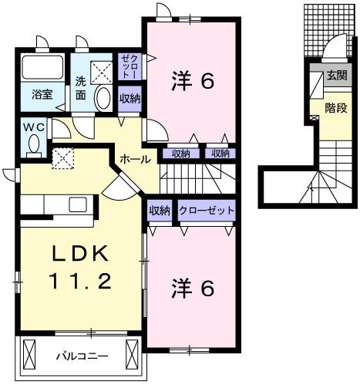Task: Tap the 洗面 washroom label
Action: click(x=82, y=89)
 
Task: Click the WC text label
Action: click(x=32, y=127)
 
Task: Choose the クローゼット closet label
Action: click(x=206, y=210)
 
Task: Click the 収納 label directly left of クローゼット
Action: click(x=160, y=210)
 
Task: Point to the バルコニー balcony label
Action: click(x=83, y=356)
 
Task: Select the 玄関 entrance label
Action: click(x=336, y=76)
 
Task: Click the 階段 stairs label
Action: click(x=336, y=109)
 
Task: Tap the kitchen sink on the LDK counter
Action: click(x=78, y=204)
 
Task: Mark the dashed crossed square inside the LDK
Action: click(x=62, y=157)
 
